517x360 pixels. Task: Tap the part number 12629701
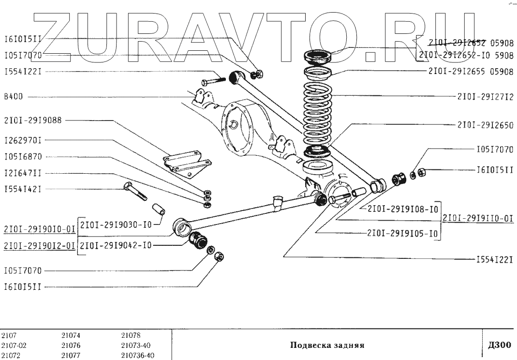(x=23, y=141)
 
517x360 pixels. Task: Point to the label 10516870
(x=23, y=157)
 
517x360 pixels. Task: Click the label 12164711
(x=23, y=173)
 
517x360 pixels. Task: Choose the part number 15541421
(x=23, y=189)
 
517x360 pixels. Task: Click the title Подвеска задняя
(x=326, y=345)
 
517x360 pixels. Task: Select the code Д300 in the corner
(x=500, y=345)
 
